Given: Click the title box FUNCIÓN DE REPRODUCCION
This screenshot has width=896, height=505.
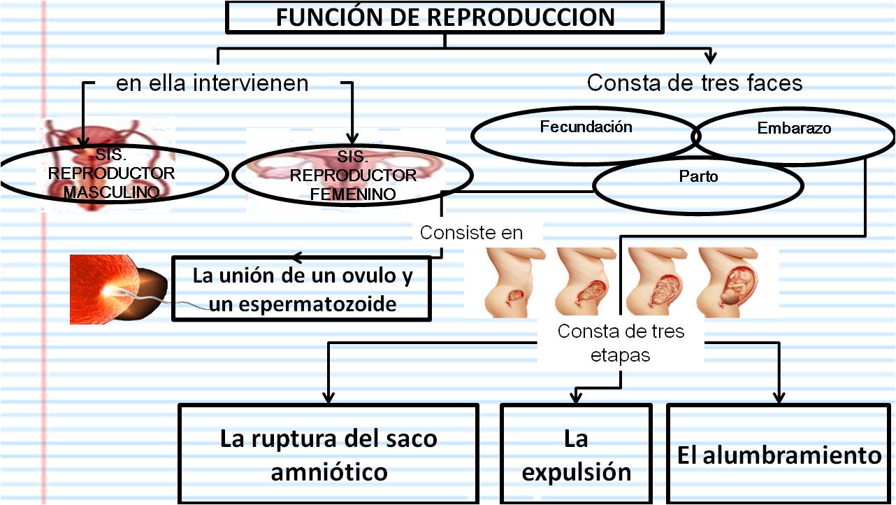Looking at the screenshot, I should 445,17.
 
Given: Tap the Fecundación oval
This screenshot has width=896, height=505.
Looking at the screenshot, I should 586,134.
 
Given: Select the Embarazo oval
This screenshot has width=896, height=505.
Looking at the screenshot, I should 794,134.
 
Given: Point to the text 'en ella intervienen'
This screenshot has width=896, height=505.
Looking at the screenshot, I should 212,83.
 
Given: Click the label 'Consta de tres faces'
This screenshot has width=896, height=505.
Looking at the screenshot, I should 694,83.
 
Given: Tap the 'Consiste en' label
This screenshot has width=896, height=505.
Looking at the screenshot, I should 471,232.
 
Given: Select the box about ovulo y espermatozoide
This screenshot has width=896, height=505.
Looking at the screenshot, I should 302,289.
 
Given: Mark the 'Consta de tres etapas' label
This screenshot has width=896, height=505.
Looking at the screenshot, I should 621,343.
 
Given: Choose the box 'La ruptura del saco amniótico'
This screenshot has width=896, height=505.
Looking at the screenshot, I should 328,454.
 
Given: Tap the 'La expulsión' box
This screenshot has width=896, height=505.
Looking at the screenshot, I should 576,454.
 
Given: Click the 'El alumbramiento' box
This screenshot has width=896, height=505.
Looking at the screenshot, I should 779,454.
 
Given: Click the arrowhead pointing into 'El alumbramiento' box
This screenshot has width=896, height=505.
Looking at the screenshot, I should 778,398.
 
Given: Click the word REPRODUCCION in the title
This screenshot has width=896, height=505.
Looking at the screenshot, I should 521,17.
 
